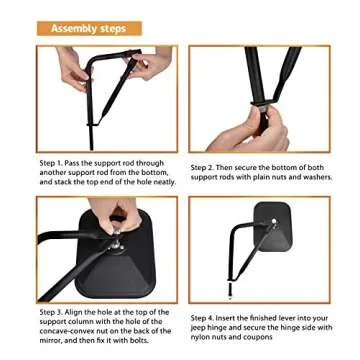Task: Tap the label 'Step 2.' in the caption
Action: pyautogui.click(x=204, y=169)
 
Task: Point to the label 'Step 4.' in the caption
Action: pyautogui.click(x=204, y=319)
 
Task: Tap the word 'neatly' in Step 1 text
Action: pyautogui.click(x=163, y=182)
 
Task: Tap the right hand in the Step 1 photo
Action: pyautogui.click(x=151, y=68)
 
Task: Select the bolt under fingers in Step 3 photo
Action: pyautogui.click(x=116, y=238)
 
